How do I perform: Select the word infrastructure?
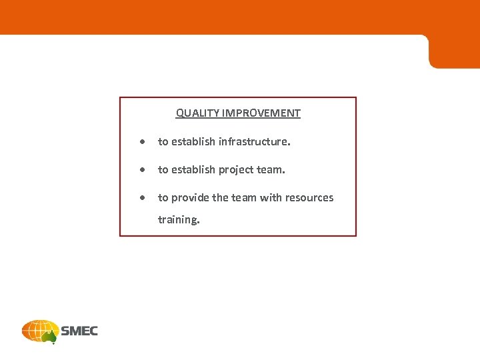point(255,141)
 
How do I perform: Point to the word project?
point(237,170)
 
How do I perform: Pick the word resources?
point(309,198)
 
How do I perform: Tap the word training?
point(178,219)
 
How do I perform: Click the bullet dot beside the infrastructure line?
point(143,142)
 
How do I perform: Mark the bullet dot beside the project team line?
point(143,171)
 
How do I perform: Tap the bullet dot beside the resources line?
point(143,199)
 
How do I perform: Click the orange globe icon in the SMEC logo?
point(40,331)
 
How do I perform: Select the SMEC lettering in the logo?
point(79,331)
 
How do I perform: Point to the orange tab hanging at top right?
point(453,52)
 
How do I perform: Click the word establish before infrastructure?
point(194,141)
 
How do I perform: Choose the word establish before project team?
point(194,170)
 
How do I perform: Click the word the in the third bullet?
point(220,198)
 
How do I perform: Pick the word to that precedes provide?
point(163,198)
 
